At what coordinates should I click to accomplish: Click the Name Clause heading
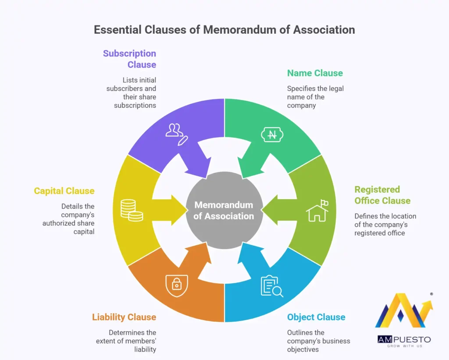coord(315,73)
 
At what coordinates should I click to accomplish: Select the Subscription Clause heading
coord(129,59)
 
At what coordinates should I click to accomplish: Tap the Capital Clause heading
coord(64,191)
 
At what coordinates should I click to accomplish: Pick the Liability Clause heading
coord(124,317)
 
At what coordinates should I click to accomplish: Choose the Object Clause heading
coord(316,317)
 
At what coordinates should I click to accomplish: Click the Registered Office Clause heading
coord(382,195)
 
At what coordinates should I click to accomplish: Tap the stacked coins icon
coord(132,210)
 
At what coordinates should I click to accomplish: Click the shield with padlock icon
coord(176,285)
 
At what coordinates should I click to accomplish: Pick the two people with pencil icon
coord(177,133)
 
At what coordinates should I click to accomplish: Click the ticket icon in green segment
coord(272,135)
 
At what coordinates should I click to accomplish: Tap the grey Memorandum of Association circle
coord(224,210)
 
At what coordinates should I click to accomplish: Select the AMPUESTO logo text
coord(404,339)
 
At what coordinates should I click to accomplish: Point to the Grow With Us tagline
coord(404,346)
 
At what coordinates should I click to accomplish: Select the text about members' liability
coord(126,341)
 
